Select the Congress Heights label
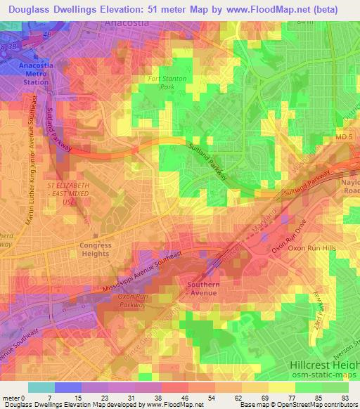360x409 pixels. tap(96, 250)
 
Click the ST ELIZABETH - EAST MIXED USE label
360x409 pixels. tap(69, 192)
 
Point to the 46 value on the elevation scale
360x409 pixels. tap(184, 398)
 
